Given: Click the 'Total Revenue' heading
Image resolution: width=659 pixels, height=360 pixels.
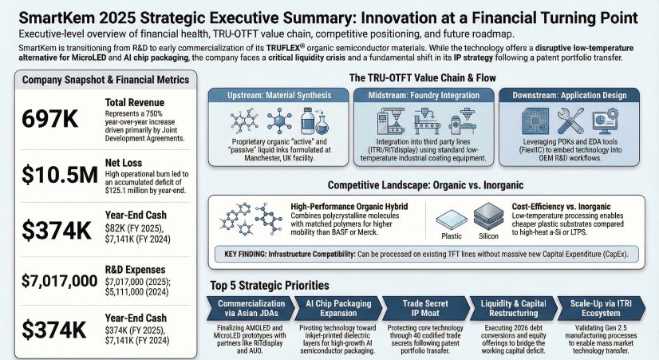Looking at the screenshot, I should [x=136, y=101].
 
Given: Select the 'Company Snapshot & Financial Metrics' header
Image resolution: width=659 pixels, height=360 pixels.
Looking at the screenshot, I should [x=105, y=80].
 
